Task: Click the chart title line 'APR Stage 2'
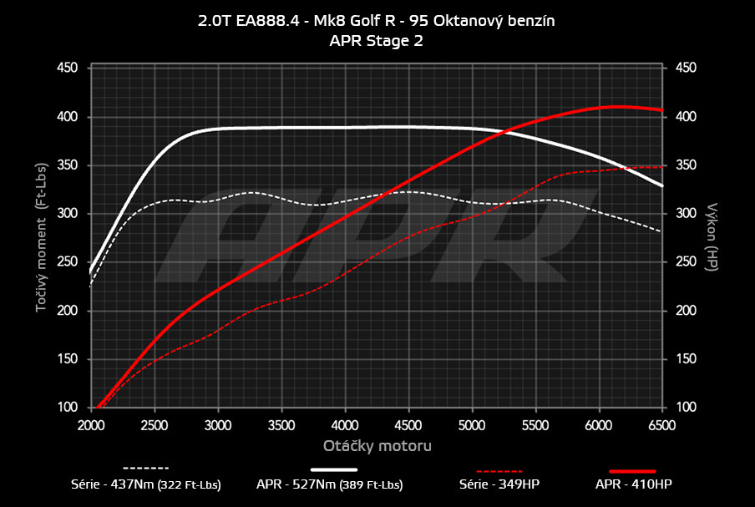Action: (377, 40)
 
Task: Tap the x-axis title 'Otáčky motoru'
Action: (377, 445)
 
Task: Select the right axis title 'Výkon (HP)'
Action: (712, 236)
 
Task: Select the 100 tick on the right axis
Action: (685, 408)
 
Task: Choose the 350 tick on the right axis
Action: (685, 165)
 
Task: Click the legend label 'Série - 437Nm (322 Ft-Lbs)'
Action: (146, 484)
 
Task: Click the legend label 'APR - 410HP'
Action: (633, 484)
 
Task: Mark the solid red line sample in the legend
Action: (633, 470)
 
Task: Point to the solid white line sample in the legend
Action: (340, 469)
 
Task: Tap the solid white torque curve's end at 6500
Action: (662, 185)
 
